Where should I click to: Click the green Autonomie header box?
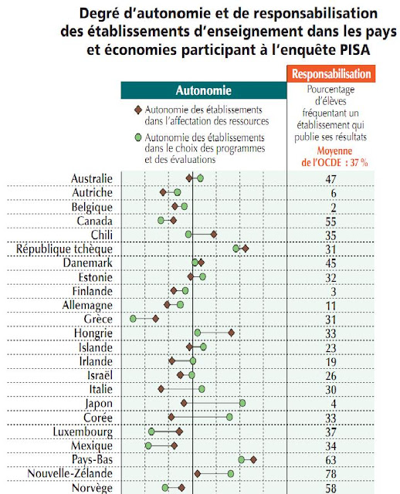pyautogui.click(x=204, y=90)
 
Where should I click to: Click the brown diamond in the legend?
pyautogui.click(x=137, y=111)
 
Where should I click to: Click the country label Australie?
pyautogui.click(x=91, y=178)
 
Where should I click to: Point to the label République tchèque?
pyautogui.click(x=65, y=249)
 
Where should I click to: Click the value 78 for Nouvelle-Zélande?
pyautogui.click(x=331, y=473)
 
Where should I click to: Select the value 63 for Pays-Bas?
pyautogui.click(x=331, y=459)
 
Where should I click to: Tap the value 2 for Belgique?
pyautogui.click(x=331, y=207)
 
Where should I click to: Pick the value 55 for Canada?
pyautogui.click(x=331, y=221)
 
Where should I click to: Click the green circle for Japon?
pyautogui.click(x=242, y=403)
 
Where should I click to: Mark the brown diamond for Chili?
pyautogui.click(x=214, y=234)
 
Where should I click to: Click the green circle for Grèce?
pyautogui.click(x=134, y=318)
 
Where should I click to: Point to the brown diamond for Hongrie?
pyautogui.click(x=232, y=333)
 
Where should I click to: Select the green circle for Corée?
pyautogui.click(x=229, y=417)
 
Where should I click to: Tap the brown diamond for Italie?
pyautogui.click(x=161, y=389)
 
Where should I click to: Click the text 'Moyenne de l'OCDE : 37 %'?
pyautogui.click(x=331, y=157)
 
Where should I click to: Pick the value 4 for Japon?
pyautogui.click(x=331, y=403)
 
